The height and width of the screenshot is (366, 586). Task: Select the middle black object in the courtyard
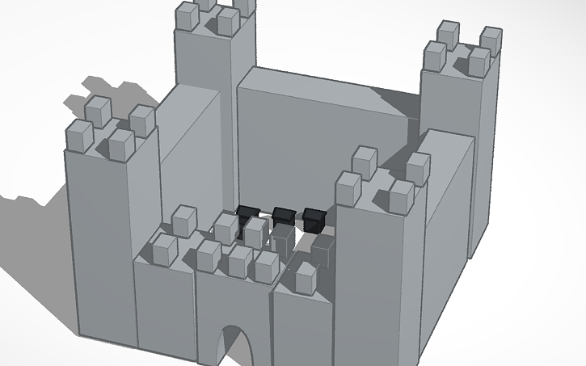pos(282,215)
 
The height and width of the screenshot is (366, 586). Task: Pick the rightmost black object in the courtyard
pos(314,217)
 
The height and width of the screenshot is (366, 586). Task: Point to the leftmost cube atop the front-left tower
pos(78,135)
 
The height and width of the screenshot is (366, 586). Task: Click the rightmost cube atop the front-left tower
pos(142,120)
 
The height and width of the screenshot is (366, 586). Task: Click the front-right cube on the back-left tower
pos(229,20)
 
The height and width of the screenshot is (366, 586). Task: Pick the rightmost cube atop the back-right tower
pos(491,39)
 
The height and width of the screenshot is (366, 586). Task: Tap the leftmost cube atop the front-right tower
pos(348,187)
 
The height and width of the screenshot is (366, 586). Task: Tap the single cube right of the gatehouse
pos(306,277)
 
